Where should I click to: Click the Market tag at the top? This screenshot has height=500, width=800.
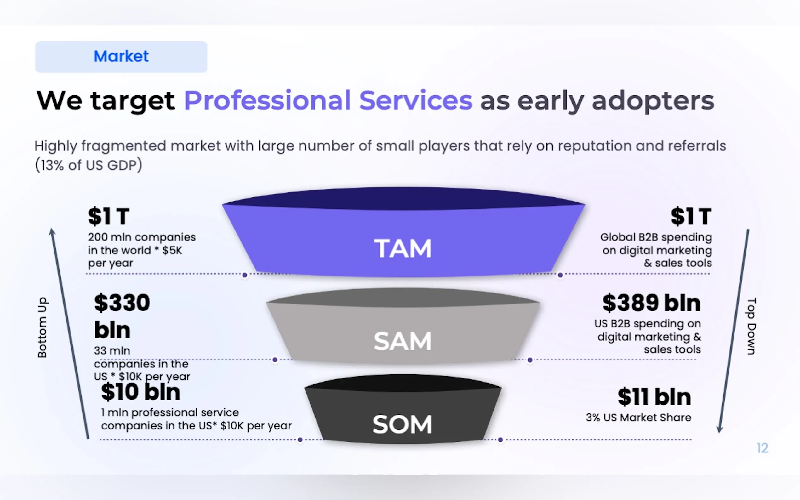coord(121,57)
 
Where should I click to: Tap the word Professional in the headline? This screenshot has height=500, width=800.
coord(267,100)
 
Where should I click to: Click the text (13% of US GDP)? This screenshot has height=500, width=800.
coord(88,165)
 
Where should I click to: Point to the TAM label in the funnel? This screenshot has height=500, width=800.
coord(403,248)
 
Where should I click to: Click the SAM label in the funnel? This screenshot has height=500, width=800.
coord(403,341)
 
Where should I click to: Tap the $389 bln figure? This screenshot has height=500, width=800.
coord(651,303)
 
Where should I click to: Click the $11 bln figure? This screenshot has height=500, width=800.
coord(654,397)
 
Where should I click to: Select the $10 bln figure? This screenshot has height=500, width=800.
coord(140,392)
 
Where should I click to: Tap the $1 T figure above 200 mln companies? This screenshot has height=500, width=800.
coord(108,217)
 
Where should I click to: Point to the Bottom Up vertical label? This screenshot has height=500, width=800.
coord(42,327)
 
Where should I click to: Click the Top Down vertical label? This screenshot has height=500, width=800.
coord(751,327)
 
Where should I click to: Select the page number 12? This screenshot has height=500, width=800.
coord(762,448)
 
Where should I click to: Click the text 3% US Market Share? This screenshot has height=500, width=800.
coord(638,417)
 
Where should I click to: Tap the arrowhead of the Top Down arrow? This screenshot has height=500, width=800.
coord(720,429)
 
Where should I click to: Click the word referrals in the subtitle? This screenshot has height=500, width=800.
coord(697,146)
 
